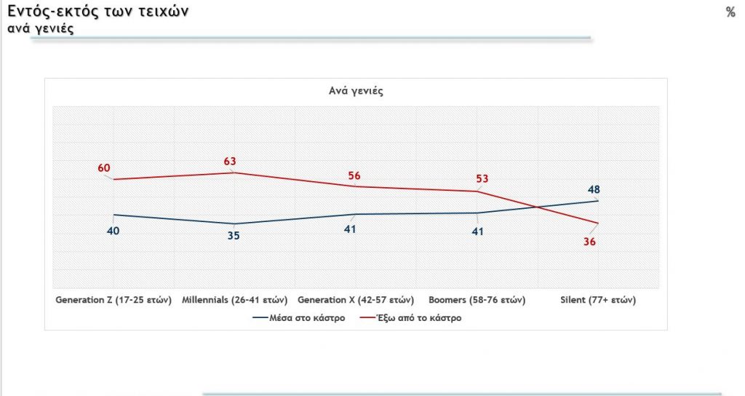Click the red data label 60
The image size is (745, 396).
click(x=103, y=169)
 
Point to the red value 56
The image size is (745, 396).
click(x=354, y=175)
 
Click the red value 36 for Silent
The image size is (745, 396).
click(x=589, y=242)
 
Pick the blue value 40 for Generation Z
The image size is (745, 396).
click(x=113, y=231)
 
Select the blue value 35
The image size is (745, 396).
click(x=234, y=235)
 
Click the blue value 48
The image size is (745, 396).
click(x=594, y=190)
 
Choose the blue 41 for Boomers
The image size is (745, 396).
click(x=477, y=231)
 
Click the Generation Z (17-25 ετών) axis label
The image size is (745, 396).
click(x=113, y=300)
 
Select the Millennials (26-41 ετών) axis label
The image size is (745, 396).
click(x=234, y=300)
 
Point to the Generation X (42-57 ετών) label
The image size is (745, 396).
click(x=356, y=300)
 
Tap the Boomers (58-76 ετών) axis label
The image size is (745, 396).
click(x=477, y=300)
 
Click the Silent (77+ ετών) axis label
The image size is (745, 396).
click(x=598, y=300)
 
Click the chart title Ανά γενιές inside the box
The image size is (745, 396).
click(x=356, y=91)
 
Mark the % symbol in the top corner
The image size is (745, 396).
click(x=730, y=12)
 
